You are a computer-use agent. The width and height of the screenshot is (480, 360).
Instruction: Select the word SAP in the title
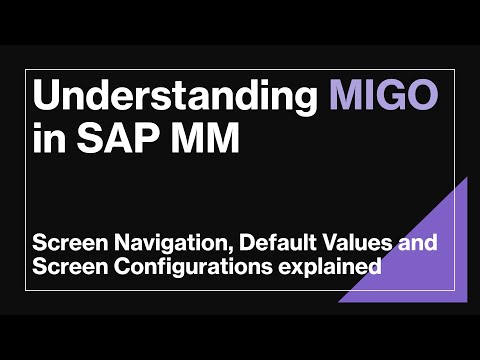(121, 139)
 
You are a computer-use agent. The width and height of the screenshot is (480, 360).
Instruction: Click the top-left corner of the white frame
(26, 70)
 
